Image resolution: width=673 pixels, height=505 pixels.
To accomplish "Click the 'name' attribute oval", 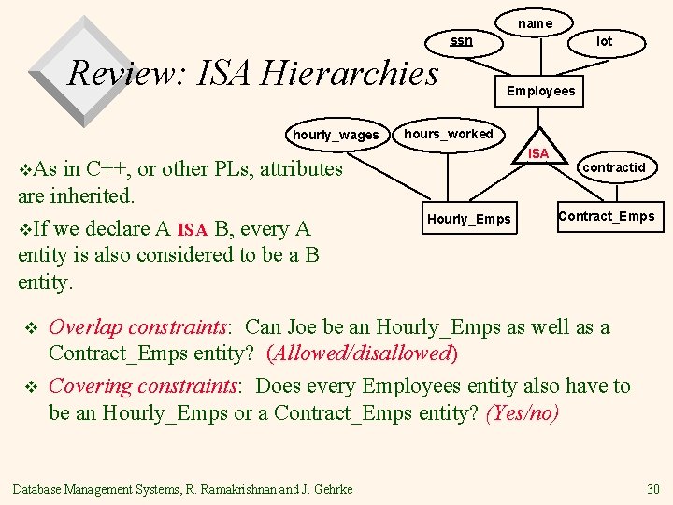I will point(535,22).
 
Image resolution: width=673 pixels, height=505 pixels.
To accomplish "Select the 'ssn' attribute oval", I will point(462,41).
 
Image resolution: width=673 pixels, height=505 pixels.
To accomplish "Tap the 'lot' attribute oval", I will point(605,41).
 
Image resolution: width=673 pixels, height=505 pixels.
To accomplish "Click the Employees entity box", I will point(540,91).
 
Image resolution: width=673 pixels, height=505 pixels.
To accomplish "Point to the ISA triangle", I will point(538,150).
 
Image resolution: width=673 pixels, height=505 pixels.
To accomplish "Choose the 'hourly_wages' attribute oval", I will point(336,135).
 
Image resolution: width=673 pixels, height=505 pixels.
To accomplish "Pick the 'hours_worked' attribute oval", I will point(448,134).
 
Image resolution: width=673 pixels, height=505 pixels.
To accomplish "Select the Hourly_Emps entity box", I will point(469,219).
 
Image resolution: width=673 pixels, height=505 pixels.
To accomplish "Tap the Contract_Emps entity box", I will point(606,216).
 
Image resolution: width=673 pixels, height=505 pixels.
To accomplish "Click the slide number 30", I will point(652,489).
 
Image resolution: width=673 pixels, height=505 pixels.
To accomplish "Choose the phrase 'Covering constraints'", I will point(144,385).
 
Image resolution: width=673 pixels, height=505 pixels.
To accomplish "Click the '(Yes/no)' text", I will point(523,412).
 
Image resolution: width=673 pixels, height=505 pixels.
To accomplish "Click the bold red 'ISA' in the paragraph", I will point(192,229).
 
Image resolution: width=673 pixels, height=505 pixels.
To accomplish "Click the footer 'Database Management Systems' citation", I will point(182,489).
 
